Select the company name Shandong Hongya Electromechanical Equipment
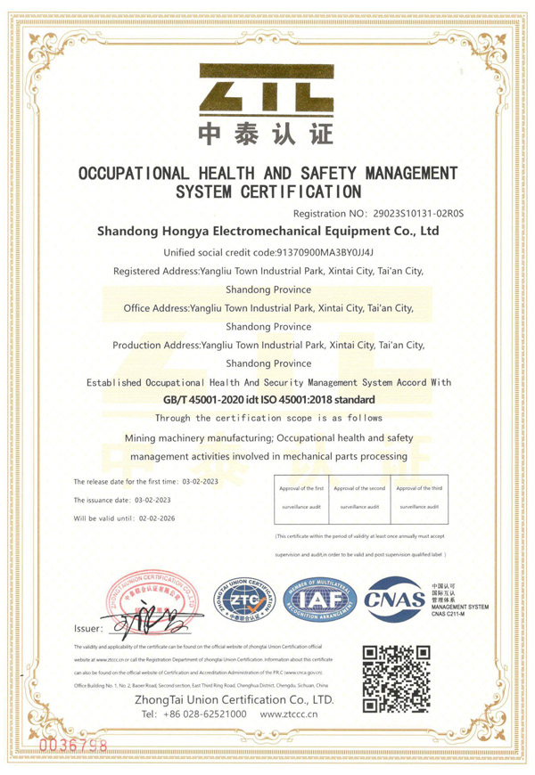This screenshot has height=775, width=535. tap(267, 232)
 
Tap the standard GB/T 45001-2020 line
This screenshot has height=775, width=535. tap(267, 400)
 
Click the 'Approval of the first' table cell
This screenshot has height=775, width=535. tap(300, 489)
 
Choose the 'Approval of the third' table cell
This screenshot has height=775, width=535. tap(419, 489)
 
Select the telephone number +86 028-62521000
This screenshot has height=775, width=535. tap(193, 714)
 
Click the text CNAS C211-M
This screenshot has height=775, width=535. tap(457, 614)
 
